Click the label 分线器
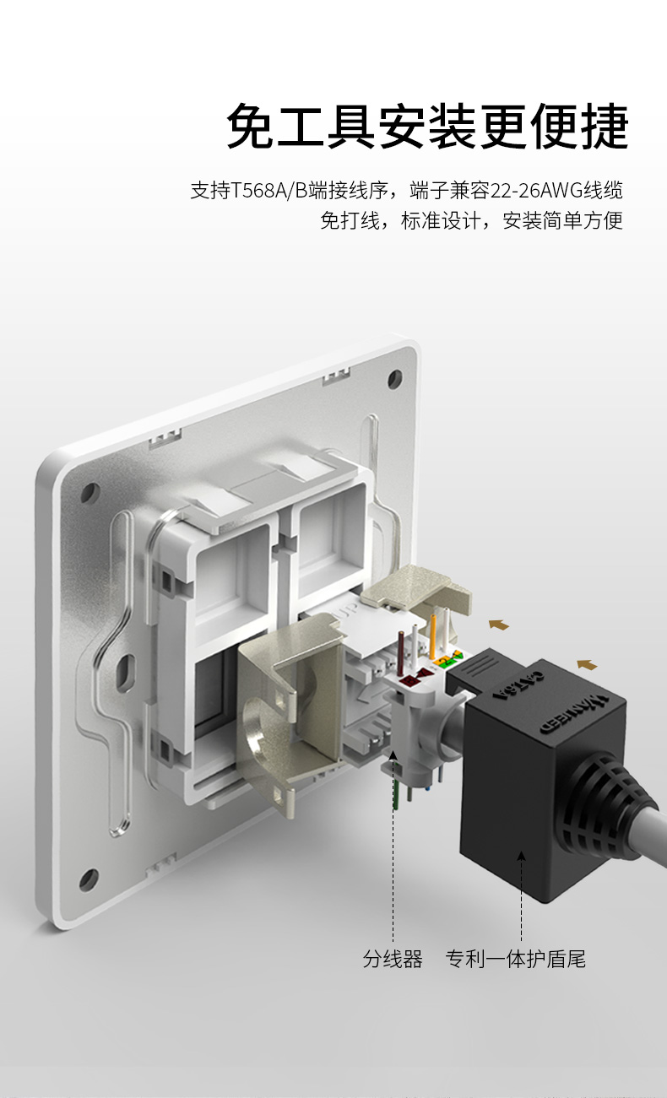coord(393,959)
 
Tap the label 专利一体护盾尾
coord(516,959)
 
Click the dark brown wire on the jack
coord(401,652)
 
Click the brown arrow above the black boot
coord(587,665)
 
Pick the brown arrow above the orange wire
coord(499,625)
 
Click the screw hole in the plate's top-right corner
coord(395,378)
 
